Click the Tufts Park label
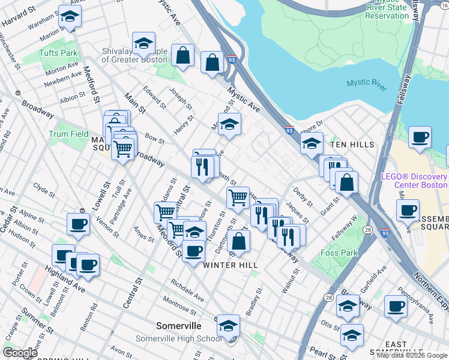pos(58,53)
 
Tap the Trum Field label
pos(68,134)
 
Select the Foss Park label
pos(339,253)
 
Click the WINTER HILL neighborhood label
pos(231,265)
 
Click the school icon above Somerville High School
pos(228,326)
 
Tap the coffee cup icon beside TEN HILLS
pos(420,137)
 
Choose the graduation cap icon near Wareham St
pos(70,17)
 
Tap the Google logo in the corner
pos(20,353)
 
